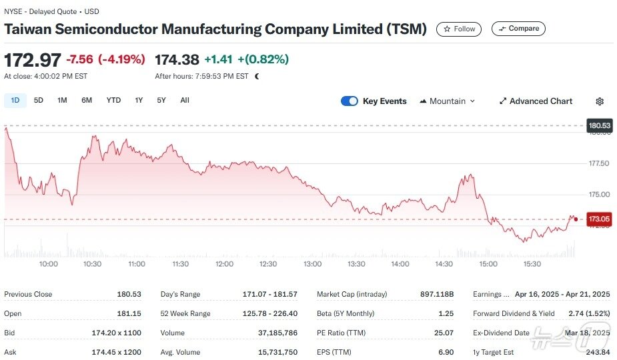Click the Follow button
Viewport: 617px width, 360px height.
458,29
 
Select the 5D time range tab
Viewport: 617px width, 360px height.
39,100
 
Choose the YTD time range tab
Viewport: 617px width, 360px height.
113,100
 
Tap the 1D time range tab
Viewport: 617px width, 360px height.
15,100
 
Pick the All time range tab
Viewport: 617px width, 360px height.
185,100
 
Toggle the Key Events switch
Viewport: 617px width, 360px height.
350,101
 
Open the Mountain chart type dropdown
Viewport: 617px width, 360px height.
448,101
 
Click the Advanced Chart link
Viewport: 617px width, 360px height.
536,101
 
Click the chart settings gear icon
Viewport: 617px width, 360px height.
600,101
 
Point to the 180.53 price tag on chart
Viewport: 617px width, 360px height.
599,125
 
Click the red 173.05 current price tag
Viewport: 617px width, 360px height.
599,219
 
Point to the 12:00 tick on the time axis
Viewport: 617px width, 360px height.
224,264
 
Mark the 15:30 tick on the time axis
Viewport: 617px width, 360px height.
532,264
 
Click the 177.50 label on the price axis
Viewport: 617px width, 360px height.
599,163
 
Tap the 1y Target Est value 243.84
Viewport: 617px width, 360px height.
596,352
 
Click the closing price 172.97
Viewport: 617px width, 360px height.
33,59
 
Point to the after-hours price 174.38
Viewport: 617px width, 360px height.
177,59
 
